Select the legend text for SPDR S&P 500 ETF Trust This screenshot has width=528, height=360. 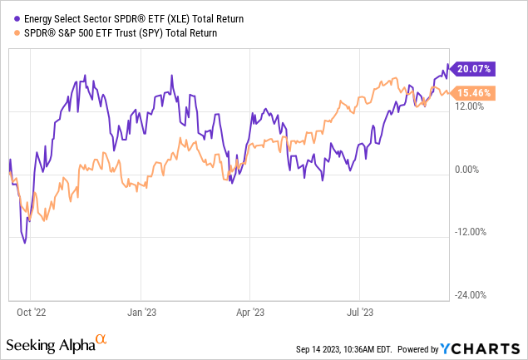coord(117,33)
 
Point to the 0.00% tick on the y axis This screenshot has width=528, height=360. coord(470,170)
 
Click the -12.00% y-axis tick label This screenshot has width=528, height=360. coord(471,232)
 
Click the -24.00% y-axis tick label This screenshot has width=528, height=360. coord(471,295)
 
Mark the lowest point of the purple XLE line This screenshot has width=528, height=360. coord(25,243)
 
